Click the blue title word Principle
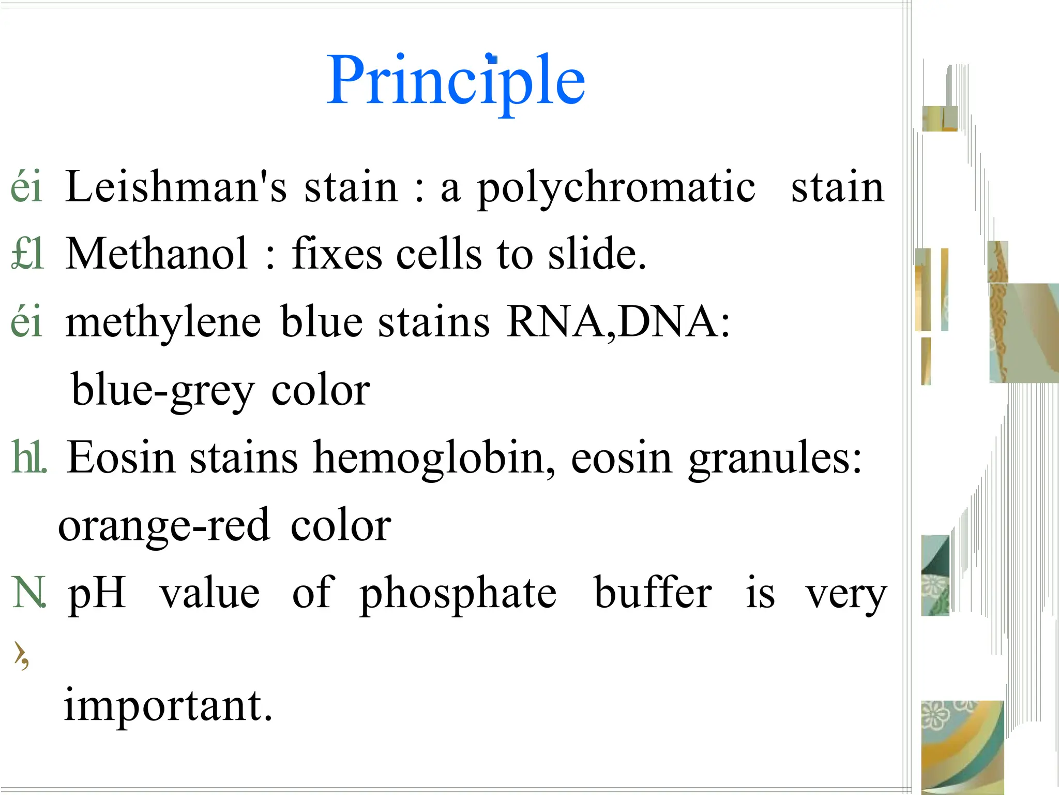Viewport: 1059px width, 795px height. pos(456,80)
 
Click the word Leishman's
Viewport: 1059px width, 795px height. pos(176,187)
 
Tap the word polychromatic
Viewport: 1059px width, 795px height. pos(616,187)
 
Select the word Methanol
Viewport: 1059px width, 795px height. pos(157,254)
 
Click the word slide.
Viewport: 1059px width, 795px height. pos(597,254)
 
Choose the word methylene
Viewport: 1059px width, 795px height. pos(163,322)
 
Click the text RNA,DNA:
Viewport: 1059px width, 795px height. pos(618,322)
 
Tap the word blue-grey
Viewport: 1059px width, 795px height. pos(163,390)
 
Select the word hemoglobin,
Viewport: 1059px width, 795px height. pos(434,458)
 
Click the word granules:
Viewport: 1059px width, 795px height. pos(776,458)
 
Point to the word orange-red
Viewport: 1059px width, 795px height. pos(164,525)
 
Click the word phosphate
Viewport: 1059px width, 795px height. pos(458,593)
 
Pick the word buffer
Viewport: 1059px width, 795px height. pos(653,593)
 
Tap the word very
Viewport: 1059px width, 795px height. pos(846,594)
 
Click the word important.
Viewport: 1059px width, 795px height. pos(168,705)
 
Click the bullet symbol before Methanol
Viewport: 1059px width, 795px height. pos(27,254)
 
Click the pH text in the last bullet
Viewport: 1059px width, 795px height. pos(97,593)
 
